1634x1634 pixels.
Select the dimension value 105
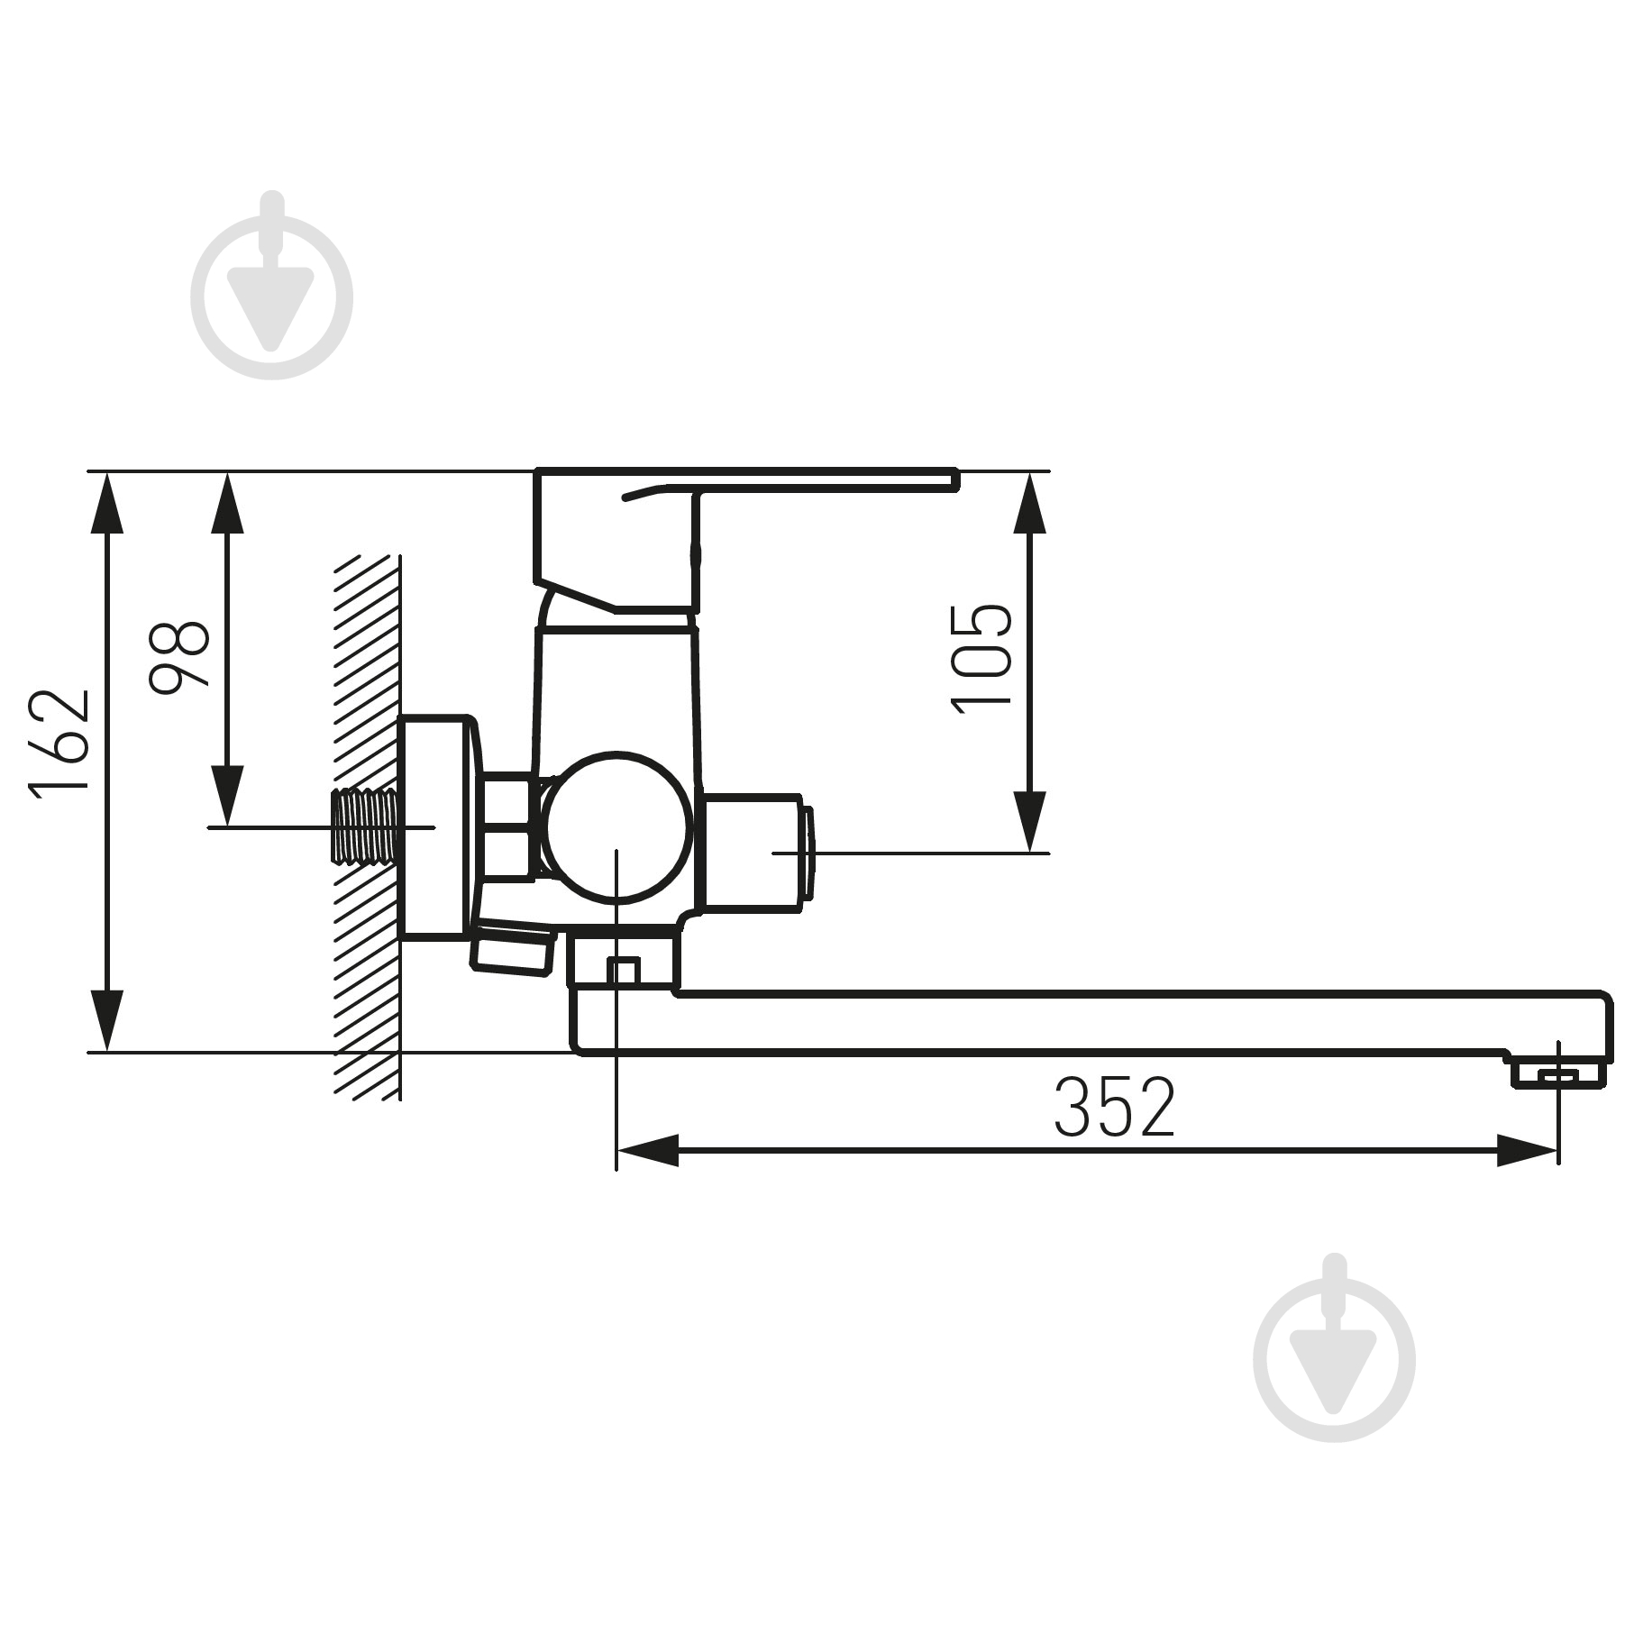pos(982,658)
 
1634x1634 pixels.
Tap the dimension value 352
pos(1115,1106)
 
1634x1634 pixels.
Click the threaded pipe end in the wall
pos(365,826)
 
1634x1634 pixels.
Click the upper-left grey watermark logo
pos(272,287)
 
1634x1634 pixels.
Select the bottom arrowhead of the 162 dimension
pos(107,1018)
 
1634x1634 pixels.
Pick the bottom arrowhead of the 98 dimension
pos(227,794)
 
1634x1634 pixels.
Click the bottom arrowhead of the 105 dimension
pos(1029,821)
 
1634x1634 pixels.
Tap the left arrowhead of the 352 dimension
pos(647,1151)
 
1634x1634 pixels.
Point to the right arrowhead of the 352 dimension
pos(1527,1151)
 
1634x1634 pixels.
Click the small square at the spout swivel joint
pos(623,971)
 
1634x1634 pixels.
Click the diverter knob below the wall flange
pos(512,948)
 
